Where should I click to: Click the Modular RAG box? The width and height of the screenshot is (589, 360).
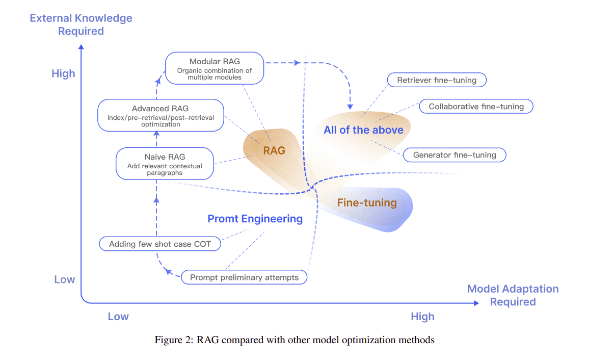tap(215, 68)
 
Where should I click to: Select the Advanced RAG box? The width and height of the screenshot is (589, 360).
tap(160, 114)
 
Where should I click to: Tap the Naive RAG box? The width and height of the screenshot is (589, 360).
tap(165, 163)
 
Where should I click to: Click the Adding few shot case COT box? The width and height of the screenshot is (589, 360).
tap(160, 244)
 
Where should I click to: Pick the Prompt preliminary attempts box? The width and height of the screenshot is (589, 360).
tap(244, 277)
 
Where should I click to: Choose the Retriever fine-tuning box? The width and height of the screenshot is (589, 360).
tap(437, 80)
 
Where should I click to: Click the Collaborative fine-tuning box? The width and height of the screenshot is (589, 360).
tap(476, 107)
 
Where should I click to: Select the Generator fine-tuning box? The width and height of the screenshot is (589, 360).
tap(454, 155)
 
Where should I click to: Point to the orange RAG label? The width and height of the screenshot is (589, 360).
tap(274, 150)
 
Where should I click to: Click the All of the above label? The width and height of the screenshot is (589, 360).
tap(363, 130)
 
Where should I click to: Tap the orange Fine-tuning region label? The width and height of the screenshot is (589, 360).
tap(367, 203)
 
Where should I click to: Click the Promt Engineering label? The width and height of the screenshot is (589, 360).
tap(255, 219)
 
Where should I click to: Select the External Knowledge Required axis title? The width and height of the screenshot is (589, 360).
tap(81, 24)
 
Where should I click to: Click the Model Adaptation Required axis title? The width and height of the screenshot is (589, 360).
tap(513, 295)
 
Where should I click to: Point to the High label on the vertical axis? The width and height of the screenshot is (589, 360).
tap(63, 74)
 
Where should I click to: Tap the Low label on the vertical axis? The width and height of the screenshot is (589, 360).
tap(65, 279)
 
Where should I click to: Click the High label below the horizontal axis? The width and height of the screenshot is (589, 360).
tap(422, 317)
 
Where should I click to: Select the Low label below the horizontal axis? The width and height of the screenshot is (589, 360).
tap(118, 317)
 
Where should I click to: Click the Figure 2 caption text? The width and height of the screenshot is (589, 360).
tap(294, 340)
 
